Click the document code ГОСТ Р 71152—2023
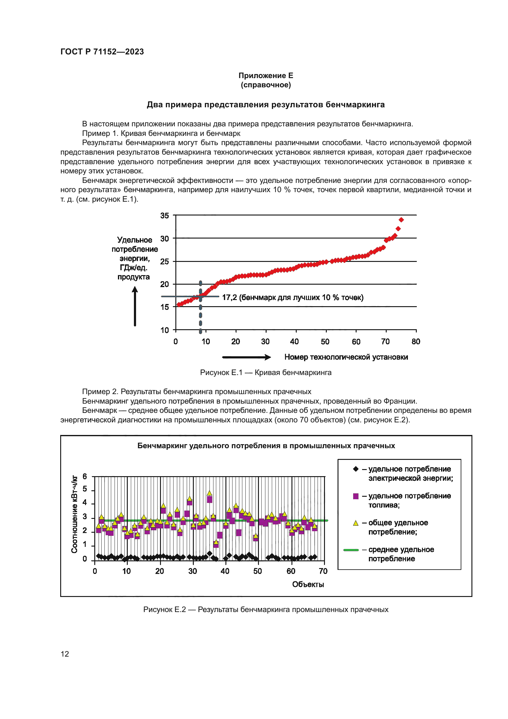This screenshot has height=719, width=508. (102, 52)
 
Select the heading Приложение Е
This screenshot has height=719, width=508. (266, 76)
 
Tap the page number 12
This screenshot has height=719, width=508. (65, 654)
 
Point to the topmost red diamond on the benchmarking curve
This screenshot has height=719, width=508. (401, 220)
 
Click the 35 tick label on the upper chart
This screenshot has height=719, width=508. (165, 215)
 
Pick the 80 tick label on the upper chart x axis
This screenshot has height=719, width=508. (416, 341)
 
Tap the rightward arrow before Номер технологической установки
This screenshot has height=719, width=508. (246, 357)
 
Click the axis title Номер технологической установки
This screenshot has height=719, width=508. (346, 357)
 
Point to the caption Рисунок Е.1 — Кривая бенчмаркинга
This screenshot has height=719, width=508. (266, 372)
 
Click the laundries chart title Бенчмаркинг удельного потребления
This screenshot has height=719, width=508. (266, 446)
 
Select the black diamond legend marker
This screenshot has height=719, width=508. (356, 469)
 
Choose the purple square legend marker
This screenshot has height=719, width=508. (356, 496)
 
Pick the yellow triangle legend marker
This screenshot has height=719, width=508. (356, 523)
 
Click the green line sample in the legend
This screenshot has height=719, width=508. (351, 550)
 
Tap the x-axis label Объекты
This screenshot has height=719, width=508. (308, 584)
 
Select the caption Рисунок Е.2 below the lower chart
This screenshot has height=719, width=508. (266, 609)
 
